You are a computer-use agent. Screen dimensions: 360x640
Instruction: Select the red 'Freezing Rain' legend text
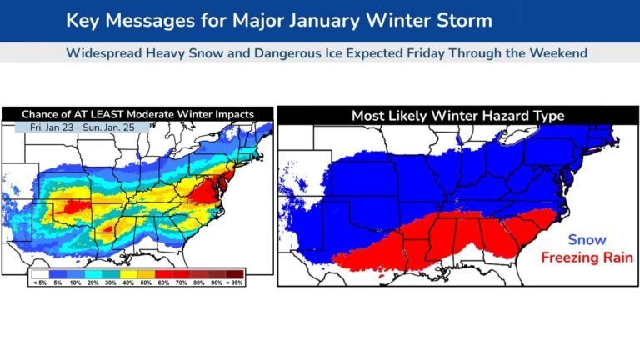586,257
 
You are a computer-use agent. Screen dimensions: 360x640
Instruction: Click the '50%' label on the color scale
147,282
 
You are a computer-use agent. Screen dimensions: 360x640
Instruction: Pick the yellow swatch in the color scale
128,272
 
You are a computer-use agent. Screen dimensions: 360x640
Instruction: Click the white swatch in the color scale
38,272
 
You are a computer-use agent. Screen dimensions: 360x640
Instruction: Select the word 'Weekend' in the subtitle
559,53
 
